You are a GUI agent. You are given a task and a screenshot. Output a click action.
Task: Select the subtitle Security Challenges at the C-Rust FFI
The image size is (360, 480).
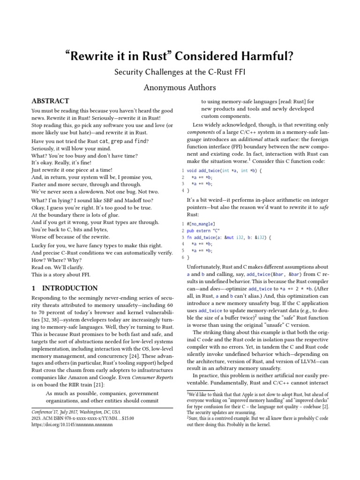tap(180, 73)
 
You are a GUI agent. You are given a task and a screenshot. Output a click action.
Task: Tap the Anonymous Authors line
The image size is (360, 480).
tap(180, 87)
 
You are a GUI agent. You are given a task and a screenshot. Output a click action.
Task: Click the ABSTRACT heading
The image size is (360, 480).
tap(50, 101)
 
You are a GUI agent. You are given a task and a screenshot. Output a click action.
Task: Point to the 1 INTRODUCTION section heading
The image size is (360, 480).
tap(64, 288)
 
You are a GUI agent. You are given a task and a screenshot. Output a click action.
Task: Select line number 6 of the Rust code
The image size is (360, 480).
tap(182, 257)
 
